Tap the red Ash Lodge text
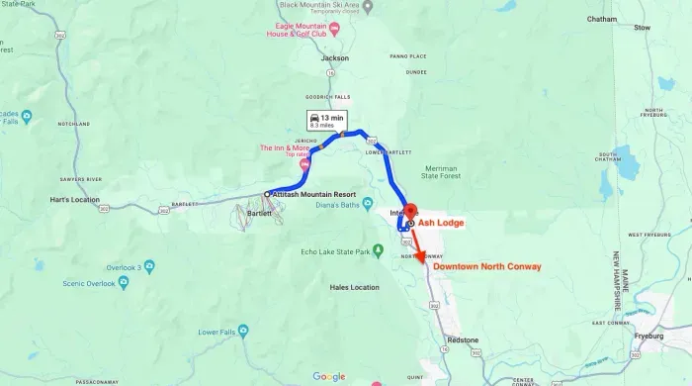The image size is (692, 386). point(441,224)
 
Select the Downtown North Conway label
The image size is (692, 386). point(487,267)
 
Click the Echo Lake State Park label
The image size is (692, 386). point(341,252)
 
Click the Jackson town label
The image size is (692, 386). point(336,58)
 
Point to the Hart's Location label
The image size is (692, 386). point(73,200)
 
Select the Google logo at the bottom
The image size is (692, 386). point(329,376)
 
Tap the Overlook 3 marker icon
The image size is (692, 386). point(149,266)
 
